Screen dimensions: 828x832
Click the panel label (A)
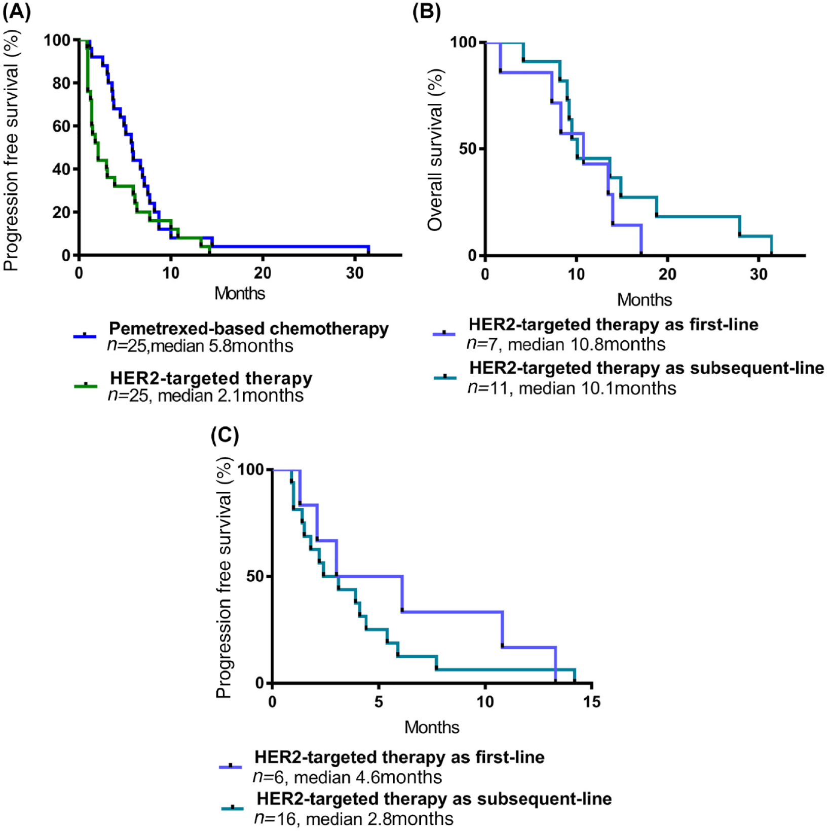(17, 11)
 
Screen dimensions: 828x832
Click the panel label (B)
(426, 11)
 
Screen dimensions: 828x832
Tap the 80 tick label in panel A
(61, 83)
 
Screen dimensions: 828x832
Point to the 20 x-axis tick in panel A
(262, 273)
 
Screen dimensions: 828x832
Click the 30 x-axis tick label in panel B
(759, 274)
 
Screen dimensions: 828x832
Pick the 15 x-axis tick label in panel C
(591, 701)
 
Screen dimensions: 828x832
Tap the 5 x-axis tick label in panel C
(379, 701)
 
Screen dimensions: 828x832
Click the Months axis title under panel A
(240, 293)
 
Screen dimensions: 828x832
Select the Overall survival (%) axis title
(435, 149)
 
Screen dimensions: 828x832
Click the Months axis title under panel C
(432, 727)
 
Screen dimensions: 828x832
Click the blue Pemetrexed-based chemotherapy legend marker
(85, 336)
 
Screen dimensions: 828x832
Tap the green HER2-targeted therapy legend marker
(85, 385)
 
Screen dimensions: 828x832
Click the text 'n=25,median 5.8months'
(200, 346)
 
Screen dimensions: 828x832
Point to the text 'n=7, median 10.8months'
(566, 344)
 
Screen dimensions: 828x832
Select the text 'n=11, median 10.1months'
(572, 388)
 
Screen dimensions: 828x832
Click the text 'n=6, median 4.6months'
(347, 777)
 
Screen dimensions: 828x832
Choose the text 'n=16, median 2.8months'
(354, 818)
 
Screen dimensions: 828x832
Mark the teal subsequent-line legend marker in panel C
(233, 808)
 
